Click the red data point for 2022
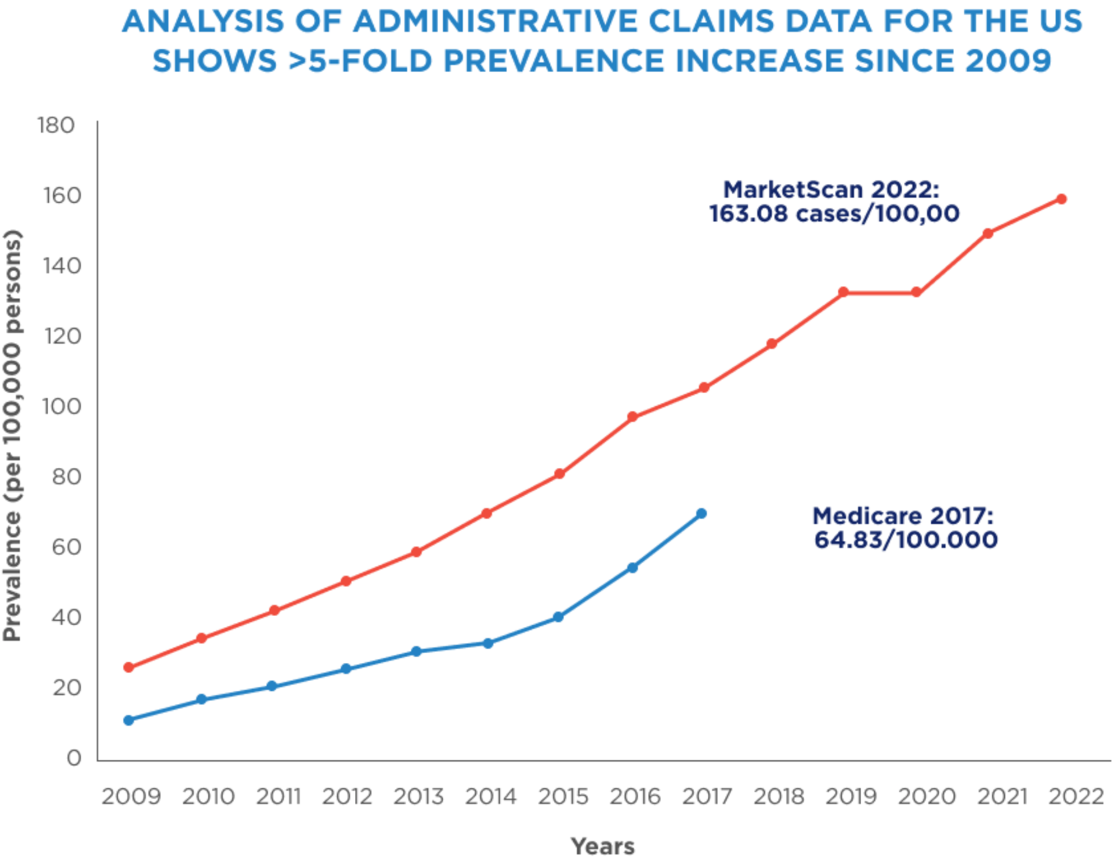coord(1061,199)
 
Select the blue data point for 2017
coord(701,514)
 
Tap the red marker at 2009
coord(129,668)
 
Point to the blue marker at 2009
coord(129,720)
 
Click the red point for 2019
coord(844,292)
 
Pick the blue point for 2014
coord(488,643)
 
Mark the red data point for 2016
coord(632,417)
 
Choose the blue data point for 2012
coord(346,669)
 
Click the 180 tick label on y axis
coord(56,125)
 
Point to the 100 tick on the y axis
coord(61,406)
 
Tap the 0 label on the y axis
coord(74,758)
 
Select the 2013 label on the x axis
coord(418,796)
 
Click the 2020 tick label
coord(927,796)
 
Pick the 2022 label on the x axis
coord(1076,796)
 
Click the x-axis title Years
coord(603,846)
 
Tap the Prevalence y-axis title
coord(12,435)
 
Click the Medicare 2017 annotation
coord(905,528)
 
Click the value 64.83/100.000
coord(906,540)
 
